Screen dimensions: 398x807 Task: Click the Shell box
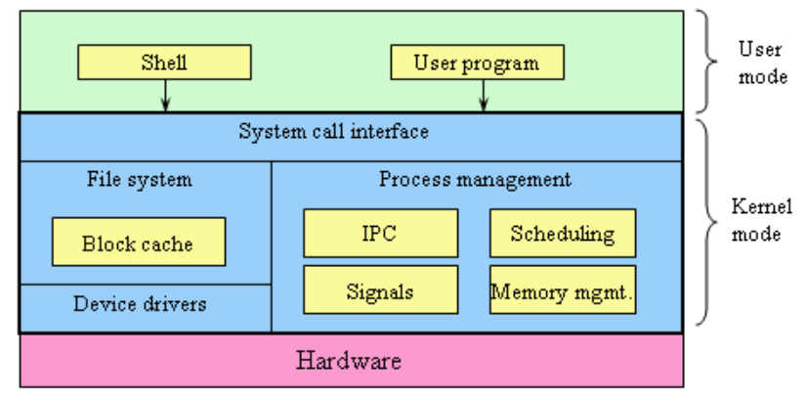click(164, 64)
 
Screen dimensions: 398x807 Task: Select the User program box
click(477, 64)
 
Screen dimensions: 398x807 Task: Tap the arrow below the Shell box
click(165, 95)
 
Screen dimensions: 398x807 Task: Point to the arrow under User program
click(481, 95)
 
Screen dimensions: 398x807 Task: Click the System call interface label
click(333, 131)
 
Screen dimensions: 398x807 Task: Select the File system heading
click(139, 180)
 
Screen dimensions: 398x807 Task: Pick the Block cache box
click(138, 243)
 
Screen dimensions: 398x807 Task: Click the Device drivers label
click(140, 304)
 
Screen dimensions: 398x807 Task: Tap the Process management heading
click(475, 180)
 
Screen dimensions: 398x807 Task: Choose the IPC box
click(380, 234)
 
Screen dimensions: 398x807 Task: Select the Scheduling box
click(562, 234)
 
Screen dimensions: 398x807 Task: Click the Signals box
click(380, 290)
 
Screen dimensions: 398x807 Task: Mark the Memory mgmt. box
click(562, 290)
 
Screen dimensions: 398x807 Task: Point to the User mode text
click(760, 61)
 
